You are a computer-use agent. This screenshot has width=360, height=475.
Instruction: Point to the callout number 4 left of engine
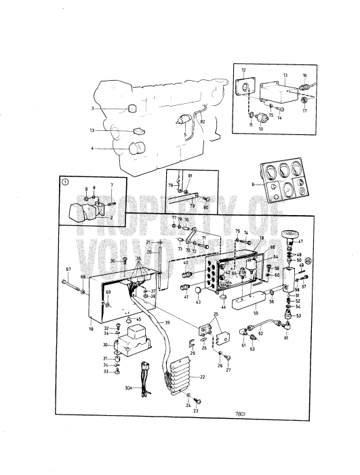(x=92, y=149)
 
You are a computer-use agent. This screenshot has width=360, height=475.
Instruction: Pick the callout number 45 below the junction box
(x=138, y=319)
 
